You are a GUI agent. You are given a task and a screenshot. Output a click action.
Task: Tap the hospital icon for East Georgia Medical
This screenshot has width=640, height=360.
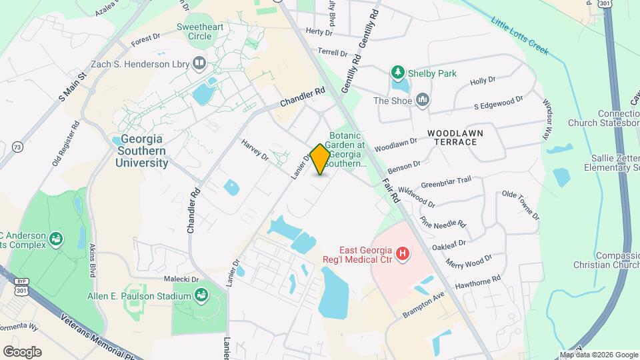402,253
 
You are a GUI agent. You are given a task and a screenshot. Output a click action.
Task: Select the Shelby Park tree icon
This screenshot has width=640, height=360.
398,73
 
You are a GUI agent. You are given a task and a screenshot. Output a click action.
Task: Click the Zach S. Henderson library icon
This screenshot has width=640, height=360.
199,64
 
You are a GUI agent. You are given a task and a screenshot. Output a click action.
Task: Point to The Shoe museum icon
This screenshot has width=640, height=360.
422,101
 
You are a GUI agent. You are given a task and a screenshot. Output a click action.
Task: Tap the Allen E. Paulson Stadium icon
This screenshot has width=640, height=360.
201,295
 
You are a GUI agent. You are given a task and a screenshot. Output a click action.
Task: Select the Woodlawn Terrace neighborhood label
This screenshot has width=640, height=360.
456,137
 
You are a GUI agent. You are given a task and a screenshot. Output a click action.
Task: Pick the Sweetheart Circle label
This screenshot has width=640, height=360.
194,31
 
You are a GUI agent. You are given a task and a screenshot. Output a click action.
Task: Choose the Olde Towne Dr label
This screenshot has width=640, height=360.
520,205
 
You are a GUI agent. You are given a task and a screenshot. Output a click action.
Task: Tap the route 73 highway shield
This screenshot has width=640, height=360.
17,147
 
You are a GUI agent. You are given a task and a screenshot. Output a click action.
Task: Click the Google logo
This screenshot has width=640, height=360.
22,351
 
